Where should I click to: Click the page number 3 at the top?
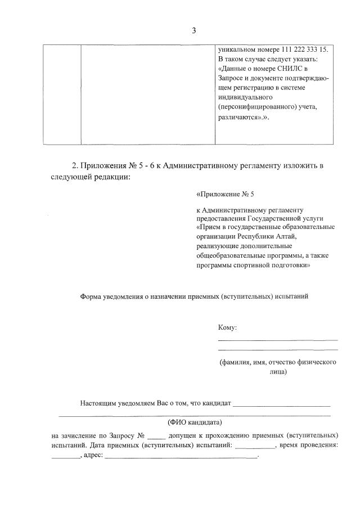(193, 30)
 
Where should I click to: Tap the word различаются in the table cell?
(238, 119)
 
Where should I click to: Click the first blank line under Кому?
(277, 340)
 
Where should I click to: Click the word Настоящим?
(99, 403)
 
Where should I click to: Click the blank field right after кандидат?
(281, 405)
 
